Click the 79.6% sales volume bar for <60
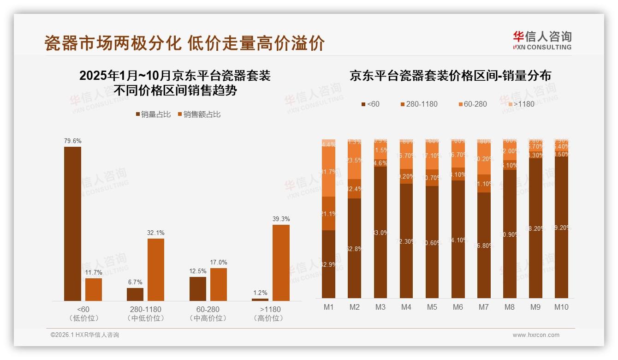coord(72,224)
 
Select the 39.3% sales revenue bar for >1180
coord(281,263)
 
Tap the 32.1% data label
coord(155,233)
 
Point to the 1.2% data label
coord(260,293)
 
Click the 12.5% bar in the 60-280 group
coord(198,289)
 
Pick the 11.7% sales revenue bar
coord(94,289)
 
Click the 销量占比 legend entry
coord(153,114)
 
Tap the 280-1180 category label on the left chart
coord(145,309)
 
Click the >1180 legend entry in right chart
coord(520,104)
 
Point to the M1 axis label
coord(328,307)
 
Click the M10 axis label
coord(561,307)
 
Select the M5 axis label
coord(432,307)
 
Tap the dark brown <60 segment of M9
coord(535,228)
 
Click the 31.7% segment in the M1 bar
coord(328,172)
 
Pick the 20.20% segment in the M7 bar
coord(484,159)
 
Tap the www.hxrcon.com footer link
coord(536,335)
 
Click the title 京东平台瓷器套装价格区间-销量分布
coord(450,76)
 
